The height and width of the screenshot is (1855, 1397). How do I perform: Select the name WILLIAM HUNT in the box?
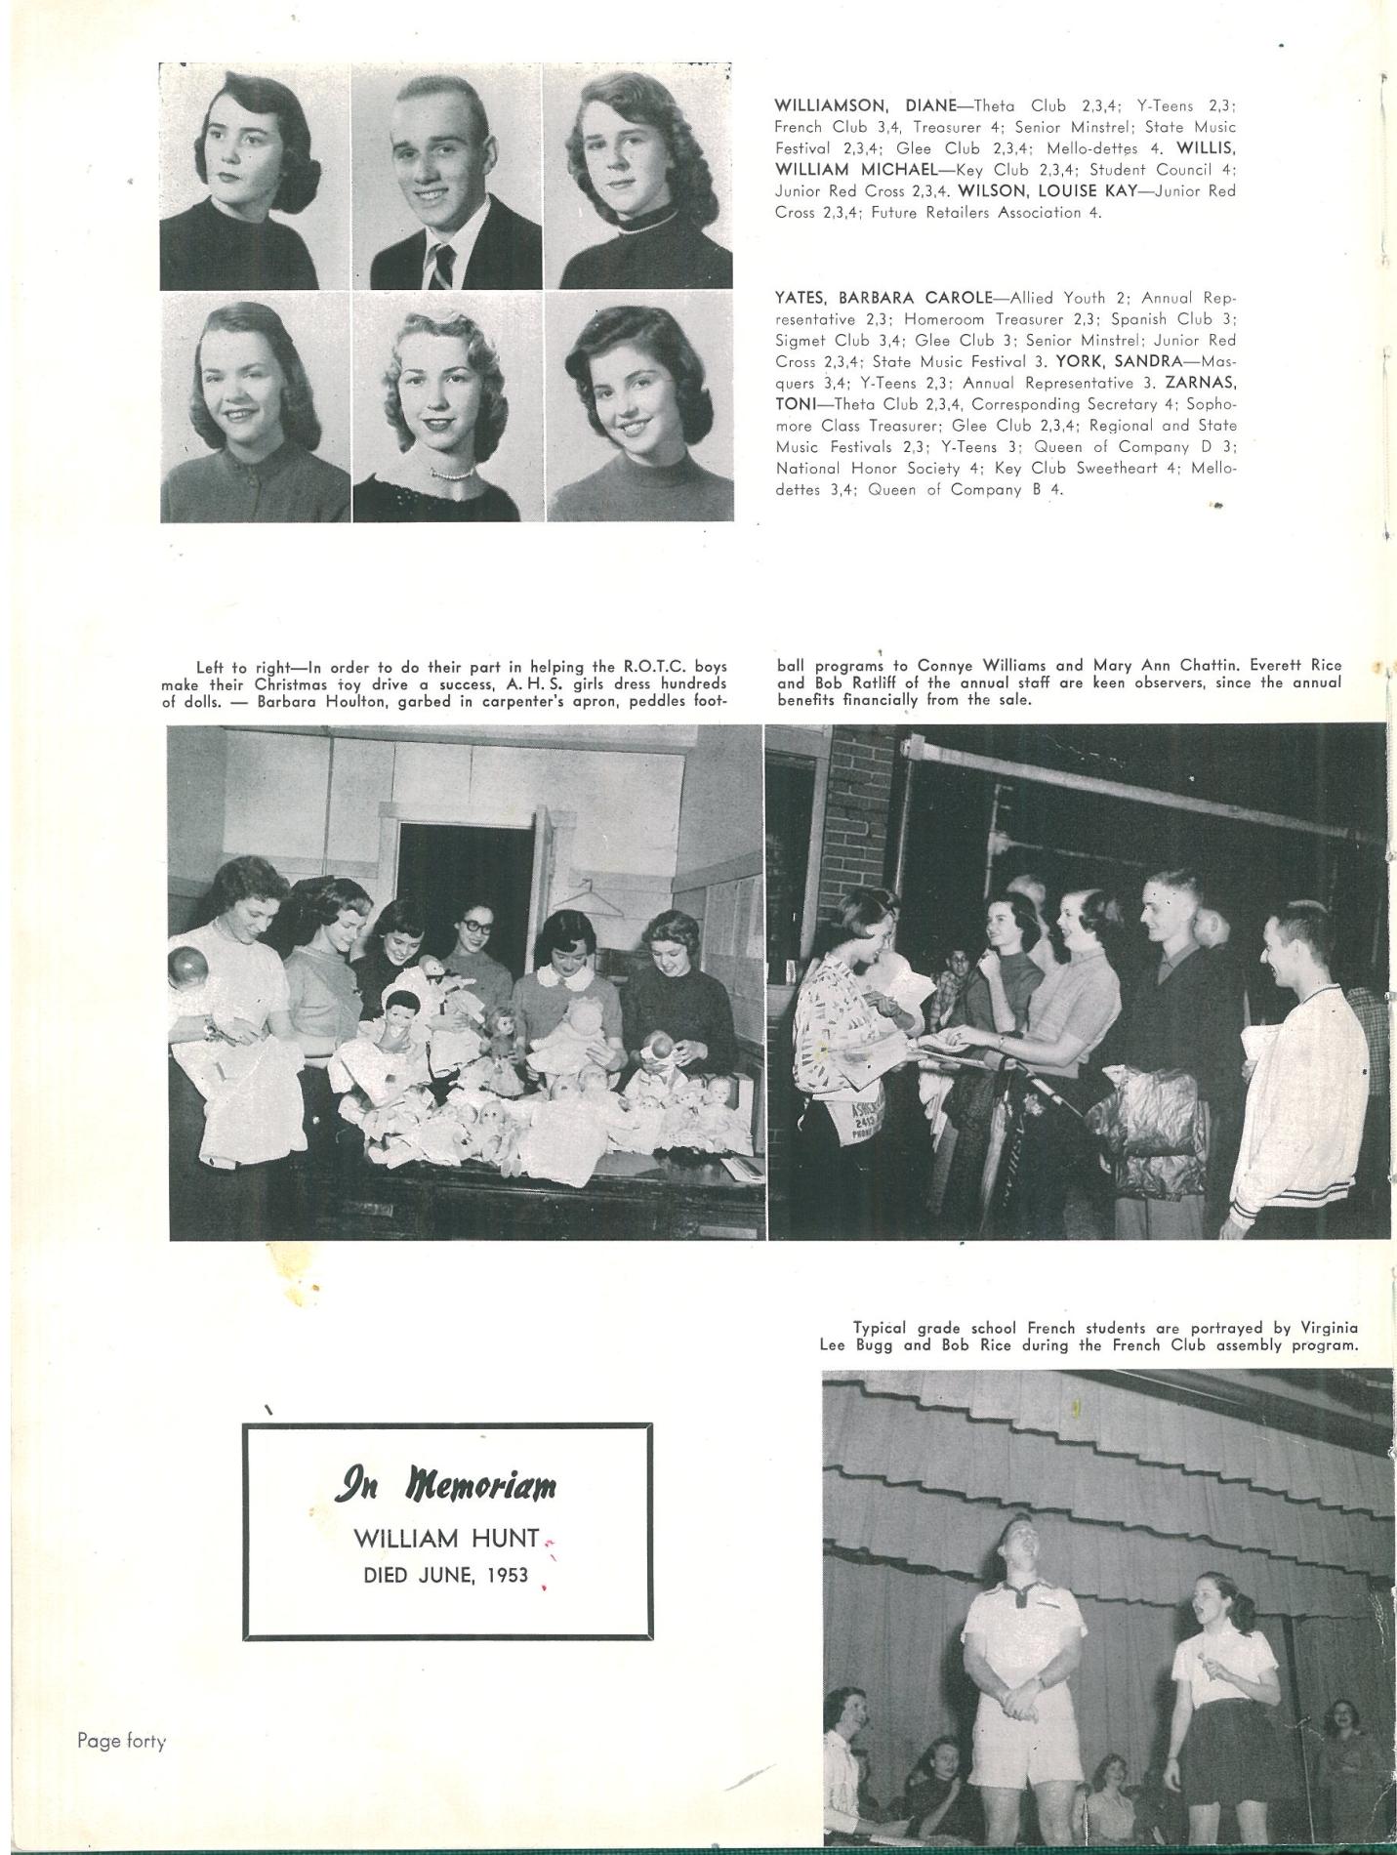point(446,1539)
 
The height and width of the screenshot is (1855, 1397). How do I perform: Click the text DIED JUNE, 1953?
point(446,1575)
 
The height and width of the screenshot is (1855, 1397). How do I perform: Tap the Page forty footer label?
point(122,1741)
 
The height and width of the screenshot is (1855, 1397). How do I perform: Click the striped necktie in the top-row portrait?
point(443,266)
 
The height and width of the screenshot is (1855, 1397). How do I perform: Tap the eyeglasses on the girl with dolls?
point(474,924)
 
